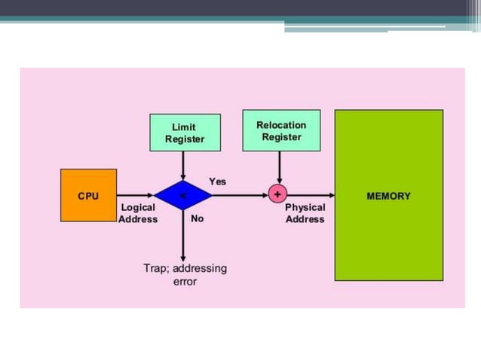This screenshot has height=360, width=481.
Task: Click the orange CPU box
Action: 88,196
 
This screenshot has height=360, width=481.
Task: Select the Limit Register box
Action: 185,133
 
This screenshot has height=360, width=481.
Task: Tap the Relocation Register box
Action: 281,130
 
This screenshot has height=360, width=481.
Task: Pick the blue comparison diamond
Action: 183,196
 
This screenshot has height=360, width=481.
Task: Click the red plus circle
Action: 278,194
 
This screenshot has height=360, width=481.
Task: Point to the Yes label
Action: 217,182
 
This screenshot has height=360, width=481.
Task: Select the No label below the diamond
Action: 197,219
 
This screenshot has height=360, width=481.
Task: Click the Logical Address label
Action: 138,213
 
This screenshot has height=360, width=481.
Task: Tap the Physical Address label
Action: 305,213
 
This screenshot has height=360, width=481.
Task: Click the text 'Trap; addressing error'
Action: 185,274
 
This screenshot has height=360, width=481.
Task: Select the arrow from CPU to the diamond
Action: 136,195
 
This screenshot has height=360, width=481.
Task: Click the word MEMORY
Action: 388,196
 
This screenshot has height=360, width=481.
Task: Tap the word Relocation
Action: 281,125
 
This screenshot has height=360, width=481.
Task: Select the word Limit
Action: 185,127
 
